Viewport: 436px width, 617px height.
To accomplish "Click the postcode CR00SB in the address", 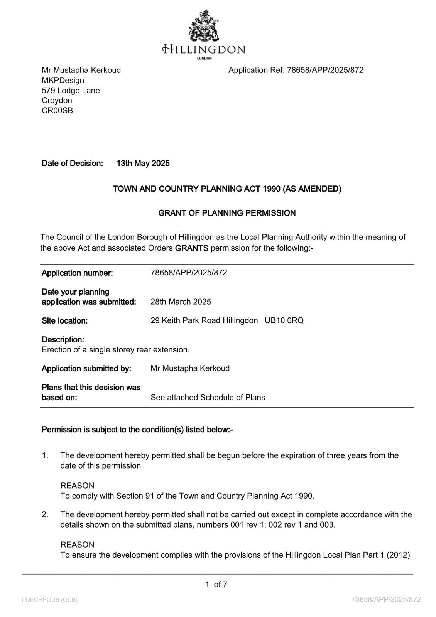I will click(x=57, y=111).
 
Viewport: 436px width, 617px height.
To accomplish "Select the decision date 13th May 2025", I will click(x=143, y=164).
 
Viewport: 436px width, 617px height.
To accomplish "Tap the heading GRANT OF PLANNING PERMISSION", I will click(x=227, y=213).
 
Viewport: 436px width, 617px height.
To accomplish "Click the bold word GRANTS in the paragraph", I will click(x=191, y=248).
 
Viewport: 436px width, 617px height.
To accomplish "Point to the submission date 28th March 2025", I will click(x=181, y=302).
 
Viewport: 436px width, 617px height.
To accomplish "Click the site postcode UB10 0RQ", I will click(x=284, y=320).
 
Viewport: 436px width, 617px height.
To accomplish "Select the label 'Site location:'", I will click(x=64, y=321).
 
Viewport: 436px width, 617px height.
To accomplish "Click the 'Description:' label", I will click(x=63, y=340).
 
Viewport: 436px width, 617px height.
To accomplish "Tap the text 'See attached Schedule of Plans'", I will click(x=208, y=398).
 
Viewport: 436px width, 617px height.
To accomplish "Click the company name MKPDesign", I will click(x=63, y=80).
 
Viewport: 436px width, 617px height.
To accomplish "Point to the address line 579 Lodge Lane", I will click(x=71, y=91).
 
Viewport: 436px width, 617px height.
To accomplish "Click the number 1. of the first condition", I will click(x=45, y=455).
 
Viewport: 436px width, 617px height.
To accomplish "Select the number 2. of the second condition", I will click(x=45, y=514).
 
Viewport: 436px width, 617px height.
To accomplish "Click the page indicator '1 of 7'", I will click(x=216, y=585).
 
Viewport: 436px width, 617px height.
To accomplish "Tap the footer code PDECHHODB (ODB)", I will click(x=50, y=600).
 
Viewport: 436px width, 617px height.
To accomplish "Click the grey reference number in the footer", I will click(x=386, y=600).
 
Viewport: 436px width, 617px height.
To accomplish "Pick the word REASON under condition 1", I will click(x=77, y=486).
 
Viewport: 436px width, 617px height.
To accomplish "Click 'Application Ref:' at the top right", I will click(x=256, y=70).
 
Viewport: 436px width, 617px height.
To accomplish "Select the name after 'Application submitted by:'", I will click(x=190, y=368).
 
